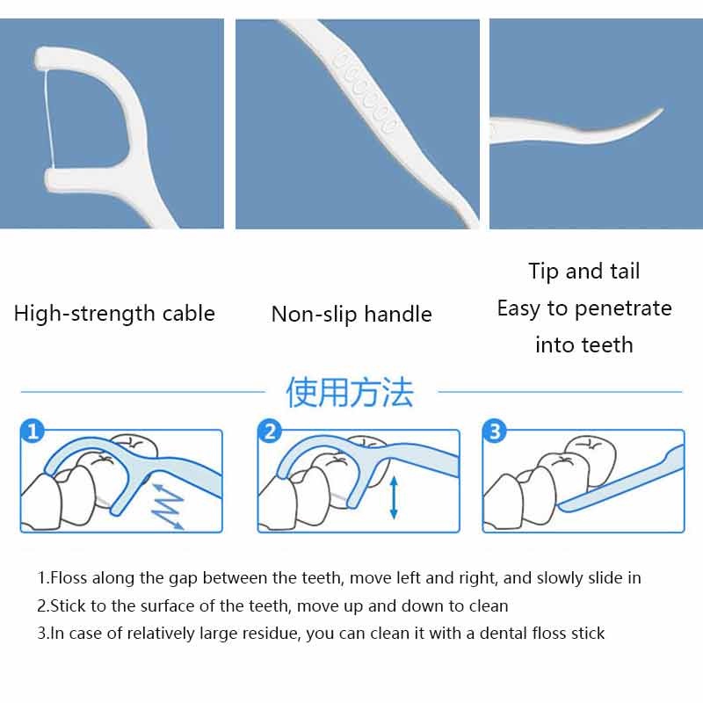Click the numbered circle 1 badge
33,431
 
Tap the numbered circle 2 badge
270,431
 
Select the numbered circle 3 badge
494,431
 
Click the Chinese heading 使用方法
350,392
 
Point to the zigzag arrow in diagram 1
167,506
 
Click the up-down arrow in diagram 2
394,497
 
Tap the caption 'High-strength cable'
114,314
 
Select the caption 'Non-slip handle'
351,314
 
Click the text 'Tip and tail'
583,272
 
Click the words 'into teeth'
583,345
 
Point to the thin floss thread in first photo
49,118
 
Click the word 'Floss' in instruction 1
69,578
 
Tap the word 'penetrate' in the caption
623,309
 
